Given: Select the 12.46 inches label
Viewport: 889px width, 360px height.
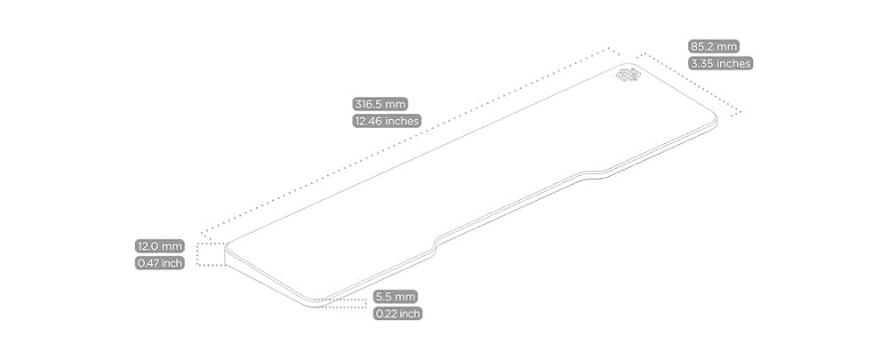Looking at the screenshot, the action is pos(387,121).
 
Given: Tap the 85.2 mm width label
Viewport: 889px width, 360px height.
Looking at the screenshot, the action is pos(714,46).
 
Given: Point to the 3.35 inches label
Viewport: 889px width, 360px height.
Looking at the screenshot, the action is pos(720,63).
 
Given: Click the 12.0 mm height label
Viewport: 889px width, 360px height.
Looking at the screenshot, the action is pos(159,245).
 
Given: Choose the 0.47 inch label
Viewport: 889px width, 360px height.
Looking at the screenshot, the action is pos(159,263).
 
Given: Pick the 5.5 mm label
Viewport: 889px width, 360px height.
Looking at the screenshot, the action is pos(395,296).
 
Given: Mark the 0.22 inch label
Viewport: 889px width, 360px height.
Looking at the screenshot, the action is pos(397,313).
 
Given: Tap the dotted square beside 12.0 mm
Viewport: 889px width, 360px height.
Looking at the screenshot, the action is pos(211,254).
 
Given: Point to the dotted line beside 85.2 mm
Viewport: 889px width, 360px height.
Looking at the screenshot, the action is pos(689,84).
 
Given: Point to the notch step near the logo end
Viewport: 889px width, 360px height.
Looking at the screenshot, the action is pos(587,172).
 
